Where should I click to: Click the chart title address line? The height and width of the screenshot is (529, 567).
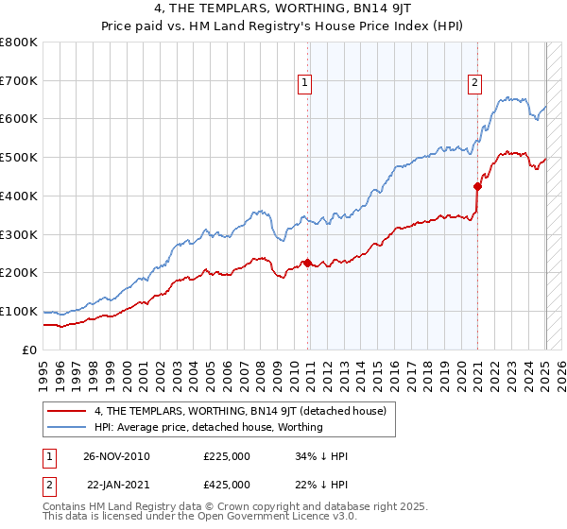(283, 9)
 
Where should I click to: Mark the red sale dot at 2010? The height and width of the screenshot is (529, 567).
(307, 263)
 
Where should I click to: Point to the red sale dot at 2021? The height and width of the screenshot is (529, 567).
(477, 186)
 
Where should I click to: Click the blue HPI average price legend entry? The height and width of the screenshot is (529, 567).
(209, 427)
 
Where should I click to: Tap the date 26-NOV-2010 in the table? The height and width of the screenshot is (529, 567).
(116, 456)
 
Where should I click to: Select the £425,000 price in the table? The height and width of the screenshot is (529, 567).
(227, 485)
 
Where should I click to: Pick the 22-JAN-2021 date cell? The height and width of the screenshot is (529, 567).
(116, 485)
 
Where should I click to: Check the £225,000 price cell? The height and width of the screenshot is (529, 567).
(227, 456)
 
